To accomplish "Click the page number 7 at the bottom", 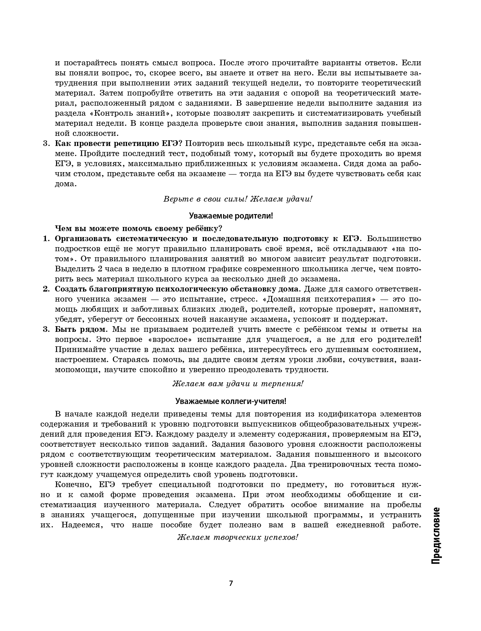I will click(231, 583).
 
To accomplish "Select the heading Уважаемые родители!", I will click(231, 216).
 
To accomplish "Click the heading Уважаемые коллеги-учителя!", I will click(231, 401).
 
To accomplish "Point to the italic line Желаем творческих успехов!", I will click(238, 537).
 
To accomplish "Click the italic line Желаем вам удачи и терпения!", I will click(238, 383).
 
